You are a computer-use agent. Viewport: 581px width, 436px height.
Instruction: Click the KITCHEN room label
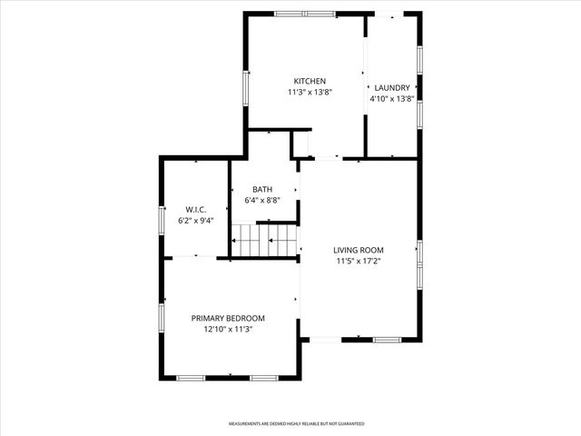pos(310,80)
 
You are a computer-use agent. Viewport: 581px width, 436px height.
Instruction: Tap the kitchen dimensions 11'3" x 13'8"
pos(310,92)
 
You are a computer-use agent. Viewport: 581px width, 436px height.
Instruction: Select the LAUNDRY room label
pos(393,88)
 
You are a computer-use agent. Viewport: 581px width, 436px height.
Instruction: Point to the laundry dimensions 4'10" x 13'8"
pos(393,99)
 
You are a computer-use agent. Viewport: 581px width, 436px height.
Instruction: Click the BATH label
pos(262,189)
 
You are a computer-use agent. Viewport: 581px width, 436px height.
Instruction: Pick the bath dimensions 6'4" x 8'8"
pos(262,200)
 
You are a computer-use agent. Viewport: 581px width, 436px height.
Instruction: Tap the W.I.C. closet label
pos(196,209)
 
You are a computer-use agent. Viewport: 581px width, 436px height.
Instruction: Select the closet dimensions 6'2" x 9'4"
pos(196,220)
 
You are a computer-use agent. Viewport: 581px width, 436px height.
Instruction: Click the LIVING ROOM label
pos(359,250)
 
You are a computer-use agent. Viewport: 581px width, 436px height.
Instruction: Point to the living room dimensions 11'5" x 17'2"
pos(359,262)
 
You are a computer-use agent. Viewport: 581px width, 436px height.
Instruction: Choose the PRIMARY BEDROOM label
pos(228,318)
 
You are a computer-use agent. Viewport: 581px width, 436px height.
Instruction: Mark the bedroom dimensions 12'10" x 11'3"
pos(228,330)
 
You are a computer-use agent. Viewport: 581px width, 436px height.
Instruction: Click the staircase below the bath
pos(264,241)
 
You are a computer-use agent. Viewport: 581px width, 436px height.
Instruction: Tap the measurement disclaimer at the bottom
pos(296,423)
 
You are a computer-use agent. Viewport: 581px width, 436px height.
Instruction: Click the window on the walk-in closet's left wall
pos(162,220)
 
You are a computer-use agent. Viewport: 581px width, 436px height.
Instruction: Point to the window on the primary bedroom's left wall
pos(162,317)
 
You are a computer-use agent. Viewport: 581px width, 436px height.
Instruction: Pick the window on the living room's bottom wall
pos(387,340)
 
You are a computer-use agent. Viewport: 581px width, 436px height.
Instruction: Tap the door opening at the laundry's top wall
pos(390,14)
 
